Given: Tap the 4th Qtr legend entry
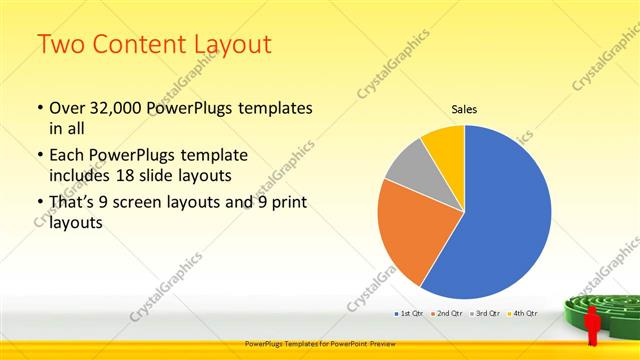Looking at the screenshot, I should click(x=525, y=313).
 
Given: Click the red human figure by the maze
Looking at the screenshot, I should click(x=591, y=325).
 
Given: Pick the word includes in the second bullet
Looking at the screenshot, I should click(x=82, y=175).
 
